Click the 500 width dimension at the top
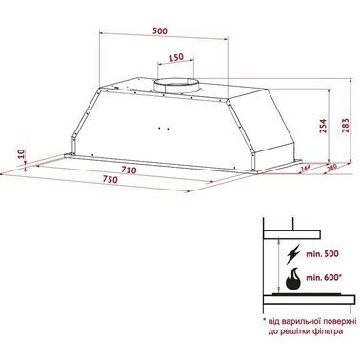pyautogui.click(x=161, y=30)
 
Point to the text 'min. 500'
pyautogui.click(x=321, y=257)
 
